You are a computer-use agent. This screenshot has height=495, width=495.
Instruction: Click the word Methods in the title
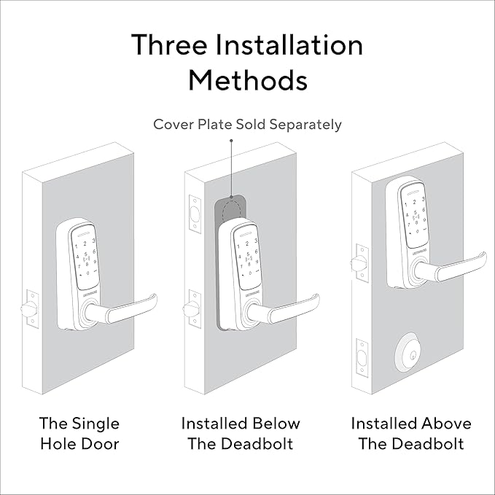247,79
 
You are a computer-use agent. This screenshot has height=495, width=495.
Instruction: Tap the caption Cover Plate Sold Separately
247,124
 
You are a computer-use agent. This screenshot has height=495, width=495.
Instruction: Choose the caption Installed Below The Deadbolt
241,433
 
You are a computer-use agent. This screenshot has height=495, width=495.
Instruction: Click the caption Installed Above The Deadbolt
411,433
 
